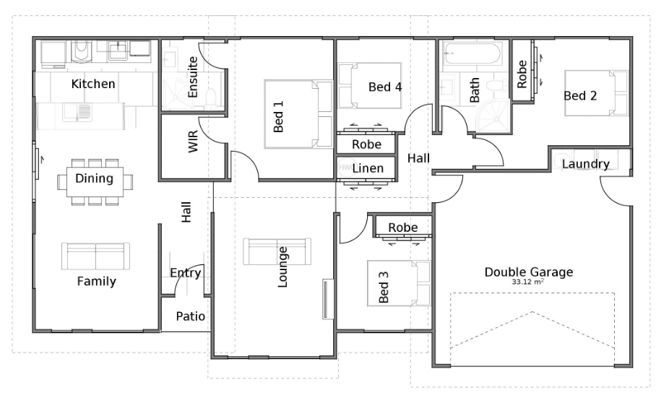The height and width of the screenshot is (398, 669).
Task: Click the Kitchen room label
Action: tap(93, 84)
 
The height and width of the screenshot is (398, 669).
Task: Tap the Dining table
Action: tap(95, 182)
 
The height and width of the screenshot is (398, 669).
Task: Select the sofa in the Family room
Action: tap(95, 256)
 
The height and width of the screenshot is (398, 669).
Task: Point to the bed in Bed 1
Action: tap(298, 114)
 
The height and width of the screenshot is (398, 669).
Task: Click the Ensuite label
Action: tap(193, 77)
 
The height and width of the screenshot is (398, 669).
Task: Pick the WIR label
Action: tap(194, 141)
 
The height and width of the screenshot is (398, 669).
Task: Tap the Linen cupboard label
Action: tap(368, 168)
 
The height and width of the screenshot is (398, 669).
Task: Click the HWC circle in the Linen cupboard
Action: tap(345, 168)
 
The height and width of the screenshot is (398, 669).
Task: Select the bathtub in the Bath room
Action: tap(472, 53)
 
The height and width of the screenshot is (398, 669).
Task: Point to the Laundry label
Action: tap(585, 164)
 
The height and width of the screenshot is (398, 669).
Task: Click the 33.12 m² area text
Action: tap(528, 282)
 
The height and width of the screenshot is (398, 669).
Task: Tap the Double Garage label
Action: tap(529, 272)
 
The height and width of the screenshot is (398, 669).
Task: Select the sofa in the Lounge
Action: tap(277, 251)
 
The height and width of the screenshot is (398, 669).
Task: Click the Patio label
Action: tap(190, 316)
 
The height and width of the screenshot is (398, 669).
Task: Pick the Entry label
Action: tap(185, 273)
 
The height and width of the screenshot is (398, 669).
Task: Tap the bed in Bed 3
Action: tap(399, 283)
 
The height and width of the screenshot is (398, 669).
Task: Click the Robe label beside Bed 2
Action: tap(522, 74)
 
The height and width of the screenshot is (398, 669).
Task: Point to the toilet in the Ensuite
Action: tap(211, 98)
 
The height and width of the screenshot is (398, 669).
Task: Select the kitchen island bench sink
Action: tap(77, 112)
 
